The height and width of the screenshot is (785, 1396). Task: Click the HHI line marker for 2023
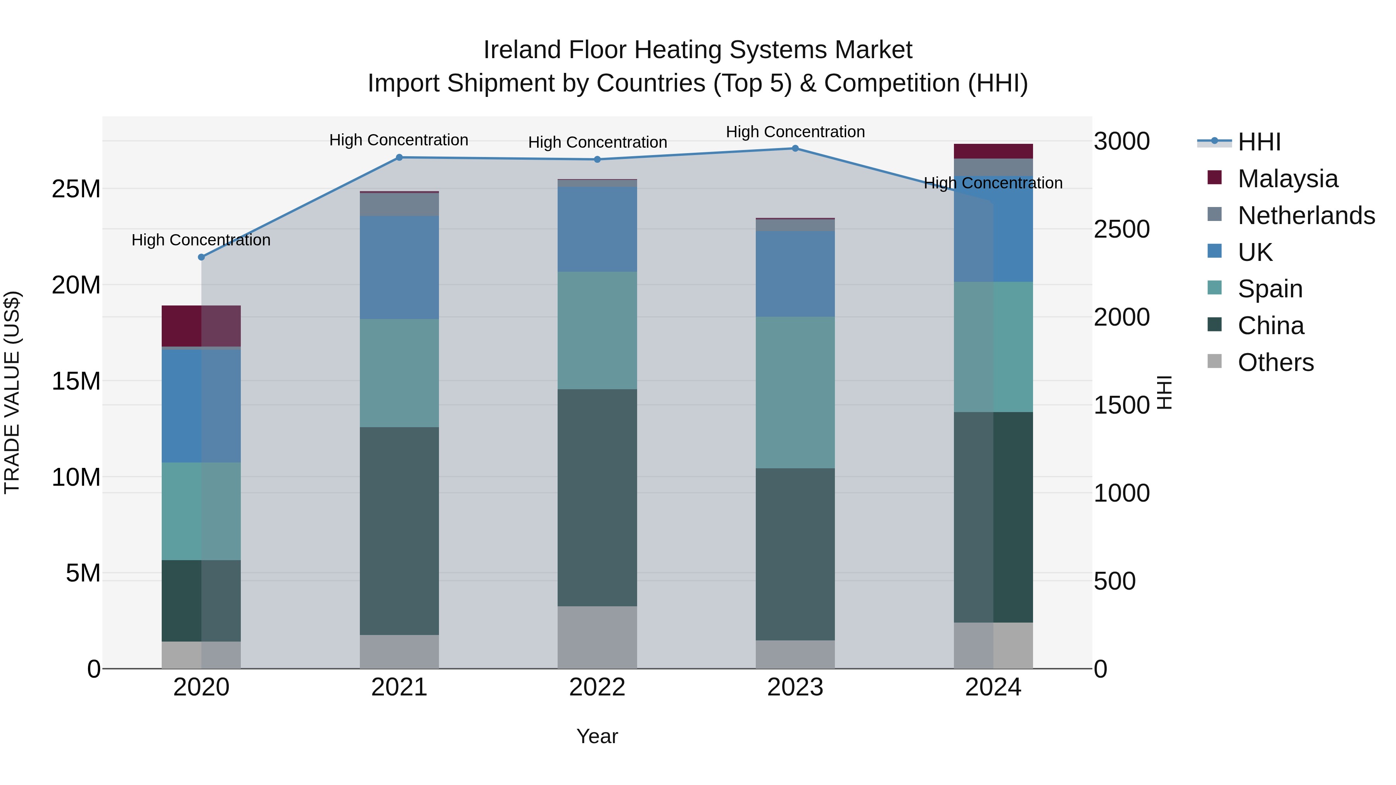(795, 148)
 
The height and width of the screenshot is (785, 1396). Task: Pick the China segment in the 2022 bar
(597, 497)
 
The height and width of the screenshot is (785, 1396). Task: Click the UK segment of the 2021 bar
(399, 267)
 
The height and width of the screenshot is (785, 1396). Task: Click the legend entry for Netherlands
(1306, 216)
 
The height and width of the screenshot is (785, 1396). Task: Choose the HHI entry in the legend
(1258, 142)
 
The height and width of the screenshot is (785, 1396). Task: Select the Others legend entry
(1275, 362)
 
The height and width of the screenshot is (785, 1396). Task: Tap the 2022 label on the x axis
(597, 687)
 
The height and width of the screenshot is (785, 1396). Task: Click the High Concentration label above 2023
(795, 132)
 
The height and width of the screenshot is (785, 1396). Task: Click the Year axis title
(597, 736)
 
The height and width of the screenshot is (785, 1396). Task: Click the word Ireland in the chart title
(521, 50)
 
